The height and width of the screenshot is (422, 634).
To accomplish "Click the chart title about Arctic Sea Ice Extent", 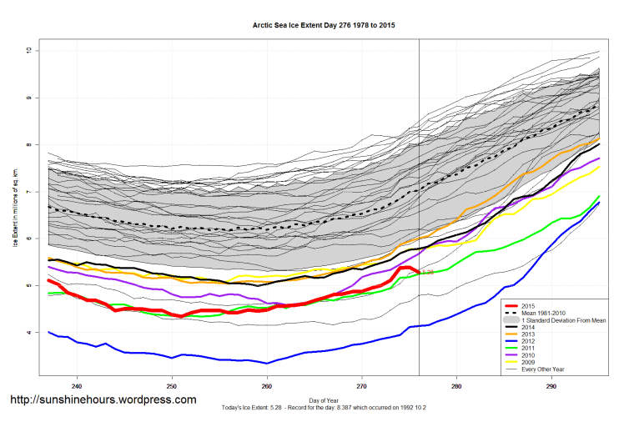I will (x=324, y=26).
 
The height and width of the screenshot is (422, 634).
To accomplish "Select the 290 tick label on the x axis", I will (x=551, y=386).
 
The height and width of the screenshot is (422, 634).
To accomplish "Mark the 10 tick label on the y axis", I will (x=28, y=51).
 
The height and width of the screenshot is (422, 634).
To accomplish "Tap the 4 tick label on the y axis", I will (x=28, y=333).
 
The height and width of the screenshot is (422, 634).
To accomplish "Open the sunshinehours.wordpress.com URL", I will (x=103, y=399).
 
